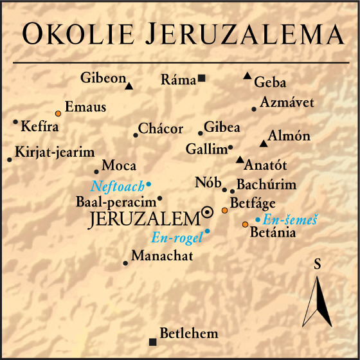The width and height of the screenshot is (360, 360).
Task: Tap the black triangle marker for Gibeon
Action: click(x=129, y=86)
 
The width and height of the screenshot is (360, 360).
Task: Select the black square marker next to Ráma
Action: click(x=201, y=78)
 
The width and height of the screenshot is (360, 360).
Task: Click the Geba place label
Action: click(x=270, y=82)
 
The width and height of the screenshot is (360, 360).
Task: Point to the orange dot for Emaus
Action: click(x=58, y=113)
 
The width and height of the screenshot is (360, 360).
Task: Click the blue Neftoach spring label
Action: click(x=118, y=186)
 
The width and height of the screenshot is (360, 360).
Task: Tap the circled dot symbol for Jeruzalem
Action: click(x=208, y=213)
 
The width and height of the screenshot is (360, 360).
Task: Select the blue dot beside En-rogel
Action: click(x=207, y=231)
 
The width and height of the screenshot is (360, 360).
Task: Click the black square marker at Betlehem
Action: click(x=152, y=341)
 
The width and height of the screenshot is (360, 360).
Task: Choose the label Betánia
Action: click(x=273, y=233)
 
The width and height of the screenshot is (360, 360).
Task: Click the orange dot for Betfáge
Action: click(x=224, y=210)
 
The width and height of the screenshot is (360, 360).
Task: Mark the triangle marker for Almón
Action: click(x=262, y=143)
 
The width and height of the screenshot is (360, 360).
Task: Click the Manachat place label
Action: click(x=162, y=256)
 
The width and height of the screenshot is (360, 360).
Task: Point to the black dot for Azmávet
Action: click(x=254, y=109)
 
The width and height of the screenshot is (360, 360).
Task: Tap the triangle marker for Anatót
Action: click(x=240, y=159)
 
